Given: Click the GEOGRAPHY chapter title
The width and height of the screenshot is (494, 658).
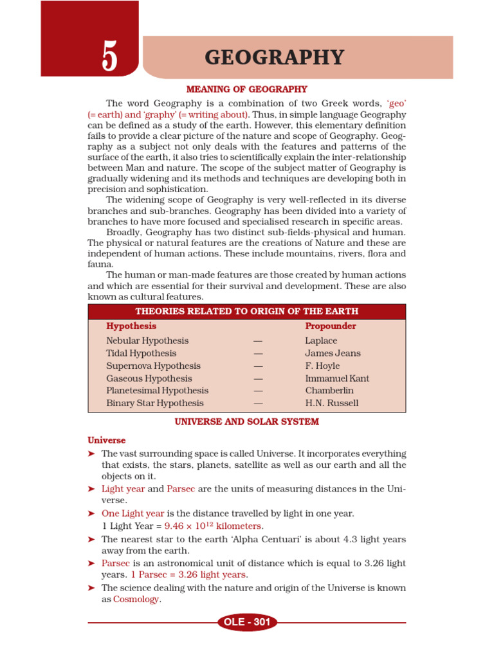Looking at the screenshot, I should [x=274, y=58].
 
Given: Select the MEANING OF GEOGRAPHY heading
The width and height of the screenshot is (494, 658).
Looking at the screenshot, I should [x=247, y=89].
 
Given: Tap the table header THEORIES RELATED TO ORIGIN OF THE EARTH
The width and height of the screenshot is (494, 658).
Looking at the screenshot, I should [x=247, y=312].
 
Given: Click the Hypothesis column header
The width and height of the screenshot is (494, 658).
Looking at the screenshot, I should [x=131, y=326].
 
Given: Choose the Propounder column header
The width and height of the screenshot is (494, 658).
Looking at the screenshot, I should [x=330, y=326].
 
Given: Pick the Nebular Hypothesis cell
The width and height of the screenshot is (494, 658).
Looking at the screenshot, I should [x=147, y=341].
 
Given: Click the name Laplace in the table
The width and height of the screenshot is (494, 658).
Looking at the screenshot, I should [x=321, y=341].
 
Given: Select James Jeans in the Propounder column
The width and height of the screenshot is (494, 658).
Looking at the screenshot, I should [x=333, y=353].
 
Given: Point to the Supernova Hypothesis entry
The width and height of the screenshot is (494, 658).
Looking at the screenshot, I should [x=153, y=366].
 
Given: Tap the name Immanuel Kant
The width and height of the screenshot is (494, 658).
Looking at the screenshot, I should [x=337, y=378].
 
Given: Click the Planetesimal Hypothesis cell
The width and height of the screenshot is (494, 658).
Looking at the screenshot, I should [x=158, y=391].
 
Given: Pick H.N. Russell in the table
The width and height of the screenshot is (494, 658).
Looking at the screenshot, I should [x=332, y=404].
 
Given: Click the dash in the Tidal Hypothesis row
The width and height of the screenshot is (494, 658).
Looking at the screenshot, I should [x=259, y=353].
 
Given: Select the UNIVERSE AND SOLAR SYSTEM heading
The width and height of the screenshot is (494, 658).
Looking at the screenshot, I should [x=247, y=422].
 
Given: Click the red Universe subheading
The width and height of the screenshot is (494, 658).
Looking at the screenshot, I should [x=107, y=441].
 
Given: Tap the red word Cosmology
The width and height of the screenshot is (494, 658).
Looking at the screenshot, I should [x=136, y=600].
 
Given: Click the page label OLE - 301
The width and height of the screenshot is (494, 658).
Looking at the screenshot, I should [x=247, y=622].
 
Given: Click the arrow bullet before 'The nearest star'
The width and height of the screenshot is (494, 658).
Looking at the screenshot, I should [x=92, y=539].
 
